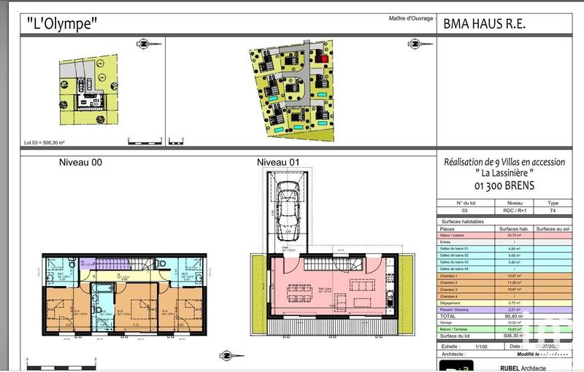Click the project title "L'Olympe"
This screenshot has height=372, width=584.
tap(62, 23)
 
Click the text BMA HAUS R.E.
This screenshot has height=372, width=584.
tap(485, 23)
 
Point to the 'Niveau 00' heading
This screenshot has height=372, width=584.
tap(80, 163)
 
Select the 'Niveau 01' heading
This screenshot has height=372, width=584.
tap(278, 163)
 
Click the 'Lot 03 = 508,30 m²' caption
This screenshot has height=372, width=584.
tap(45, 143)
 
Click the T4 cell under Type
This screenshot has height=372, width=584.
tap(553, 210)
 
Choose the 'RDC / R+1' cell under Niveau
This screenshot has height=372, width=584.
tap(514, 210)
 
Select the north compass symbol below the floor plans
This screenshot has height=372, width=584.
tap(226, 355)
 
